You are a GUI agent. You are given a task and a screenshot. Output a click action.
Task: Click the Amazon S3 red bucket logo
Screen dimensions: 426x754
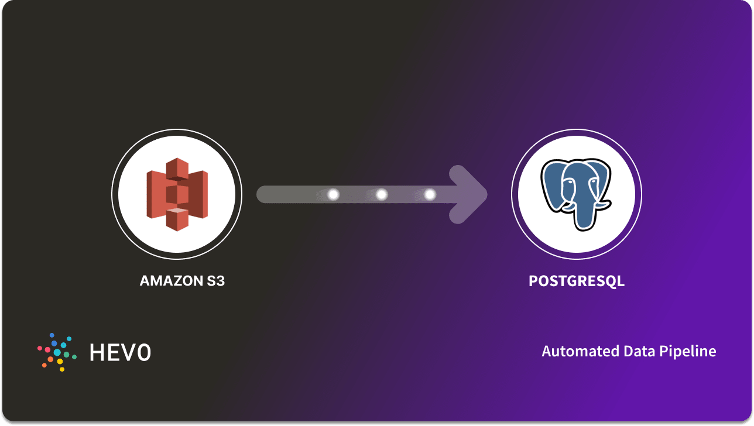click(x=177, y=194)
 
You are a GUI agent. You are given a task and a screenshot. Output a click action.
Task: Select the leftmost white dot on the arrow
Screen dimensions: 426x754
click(x=334, y=194)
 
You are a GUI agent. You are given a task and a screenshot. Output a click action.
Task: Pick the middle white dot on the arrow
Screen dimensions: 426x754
click(x=382, y=194)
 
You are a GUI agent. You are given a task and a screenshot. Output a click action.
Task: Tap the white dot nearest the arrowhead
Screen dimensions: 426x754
click(x=430, y=194)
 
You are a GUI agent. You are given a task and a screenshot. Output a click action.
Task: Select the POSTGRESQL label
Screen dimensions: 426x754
click(x=577, y=281)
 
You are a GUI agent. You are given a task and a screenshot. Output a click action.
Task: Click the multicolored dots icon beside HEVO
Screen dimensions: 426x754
click(x=56, y=352)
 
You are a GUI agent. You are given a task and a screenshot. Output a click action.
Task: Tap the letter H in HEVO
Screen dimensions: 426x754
click(x=97, y=352)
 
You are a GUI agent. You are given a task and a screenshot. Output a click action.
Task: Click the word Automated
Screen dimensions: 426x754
click(x=573, y=351)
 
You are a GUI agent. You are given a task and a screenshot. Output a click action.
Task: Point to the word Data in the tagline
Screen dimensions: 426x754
click(x=622, y=351)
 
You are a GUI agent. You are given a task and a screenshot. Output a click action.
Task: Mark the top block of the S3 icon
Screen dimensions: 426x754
click(x=177, y=169)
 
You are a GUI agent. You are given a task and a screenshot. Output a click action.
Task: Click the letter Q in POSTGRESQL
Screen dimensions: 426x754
click(x=609, y=281)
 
